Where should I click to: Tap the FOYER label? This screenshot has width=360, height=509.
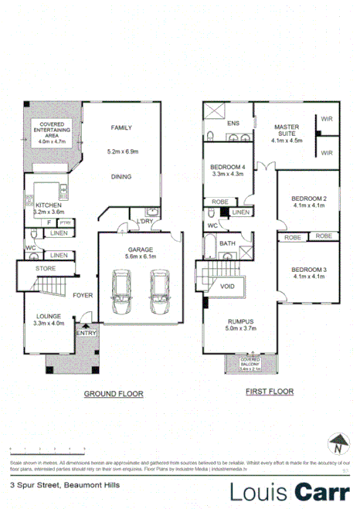[x=83, y=295]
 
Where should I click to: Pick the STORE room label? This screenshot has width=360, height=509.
[x=46, y=269]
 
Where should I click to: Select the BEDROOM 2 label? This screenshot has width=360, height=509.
[x=308, y=198]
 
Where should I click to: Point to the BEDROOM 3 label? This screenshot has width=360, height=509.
[x=308, y=270]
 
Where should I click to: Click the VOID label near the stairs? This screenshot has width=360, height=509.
[x=228, y=286]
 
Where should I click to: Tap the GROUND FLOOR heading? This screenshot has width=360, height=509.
[x=114, y=393]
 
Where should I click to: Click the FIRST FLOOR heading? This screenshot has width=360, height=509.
[x=270, y=392]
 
